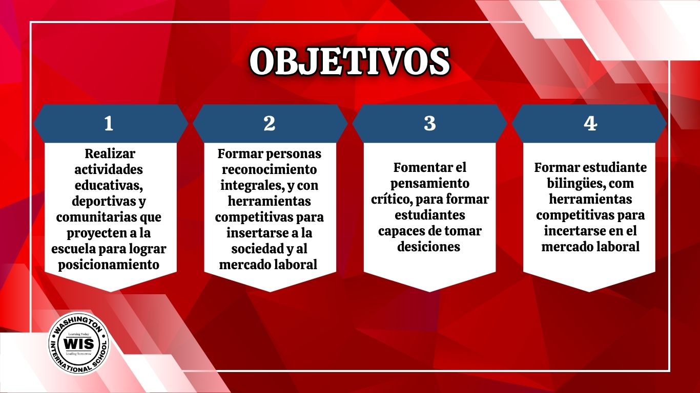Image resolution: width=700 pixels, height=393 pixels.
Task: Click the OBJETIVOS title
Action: [349, 62]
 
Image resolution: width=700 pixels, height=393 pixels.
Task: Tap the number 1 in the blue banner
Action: [109, 124]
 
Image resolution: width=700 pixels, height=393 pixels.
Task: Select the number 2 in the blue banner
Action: [270, 124]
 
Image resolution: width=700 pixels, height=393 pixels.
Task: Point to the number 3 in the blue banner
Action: [430, 124]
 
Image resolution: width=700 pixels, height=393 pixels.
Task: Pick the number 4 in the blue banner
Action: [590, 124]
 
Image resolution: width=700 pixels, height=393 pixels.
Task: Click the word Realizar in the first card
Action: [110, 154]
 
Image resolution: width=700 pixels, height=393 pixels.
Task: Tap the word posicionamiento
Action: [109, 265]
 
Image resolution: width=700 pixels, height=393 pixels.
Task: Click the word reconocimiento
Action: [270, 169]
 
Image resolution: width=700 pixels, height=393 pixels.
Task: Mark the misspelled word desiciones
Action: [429, 247]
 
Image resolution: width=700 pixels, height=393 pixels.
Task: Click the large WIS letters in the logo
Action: [79, 344]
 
